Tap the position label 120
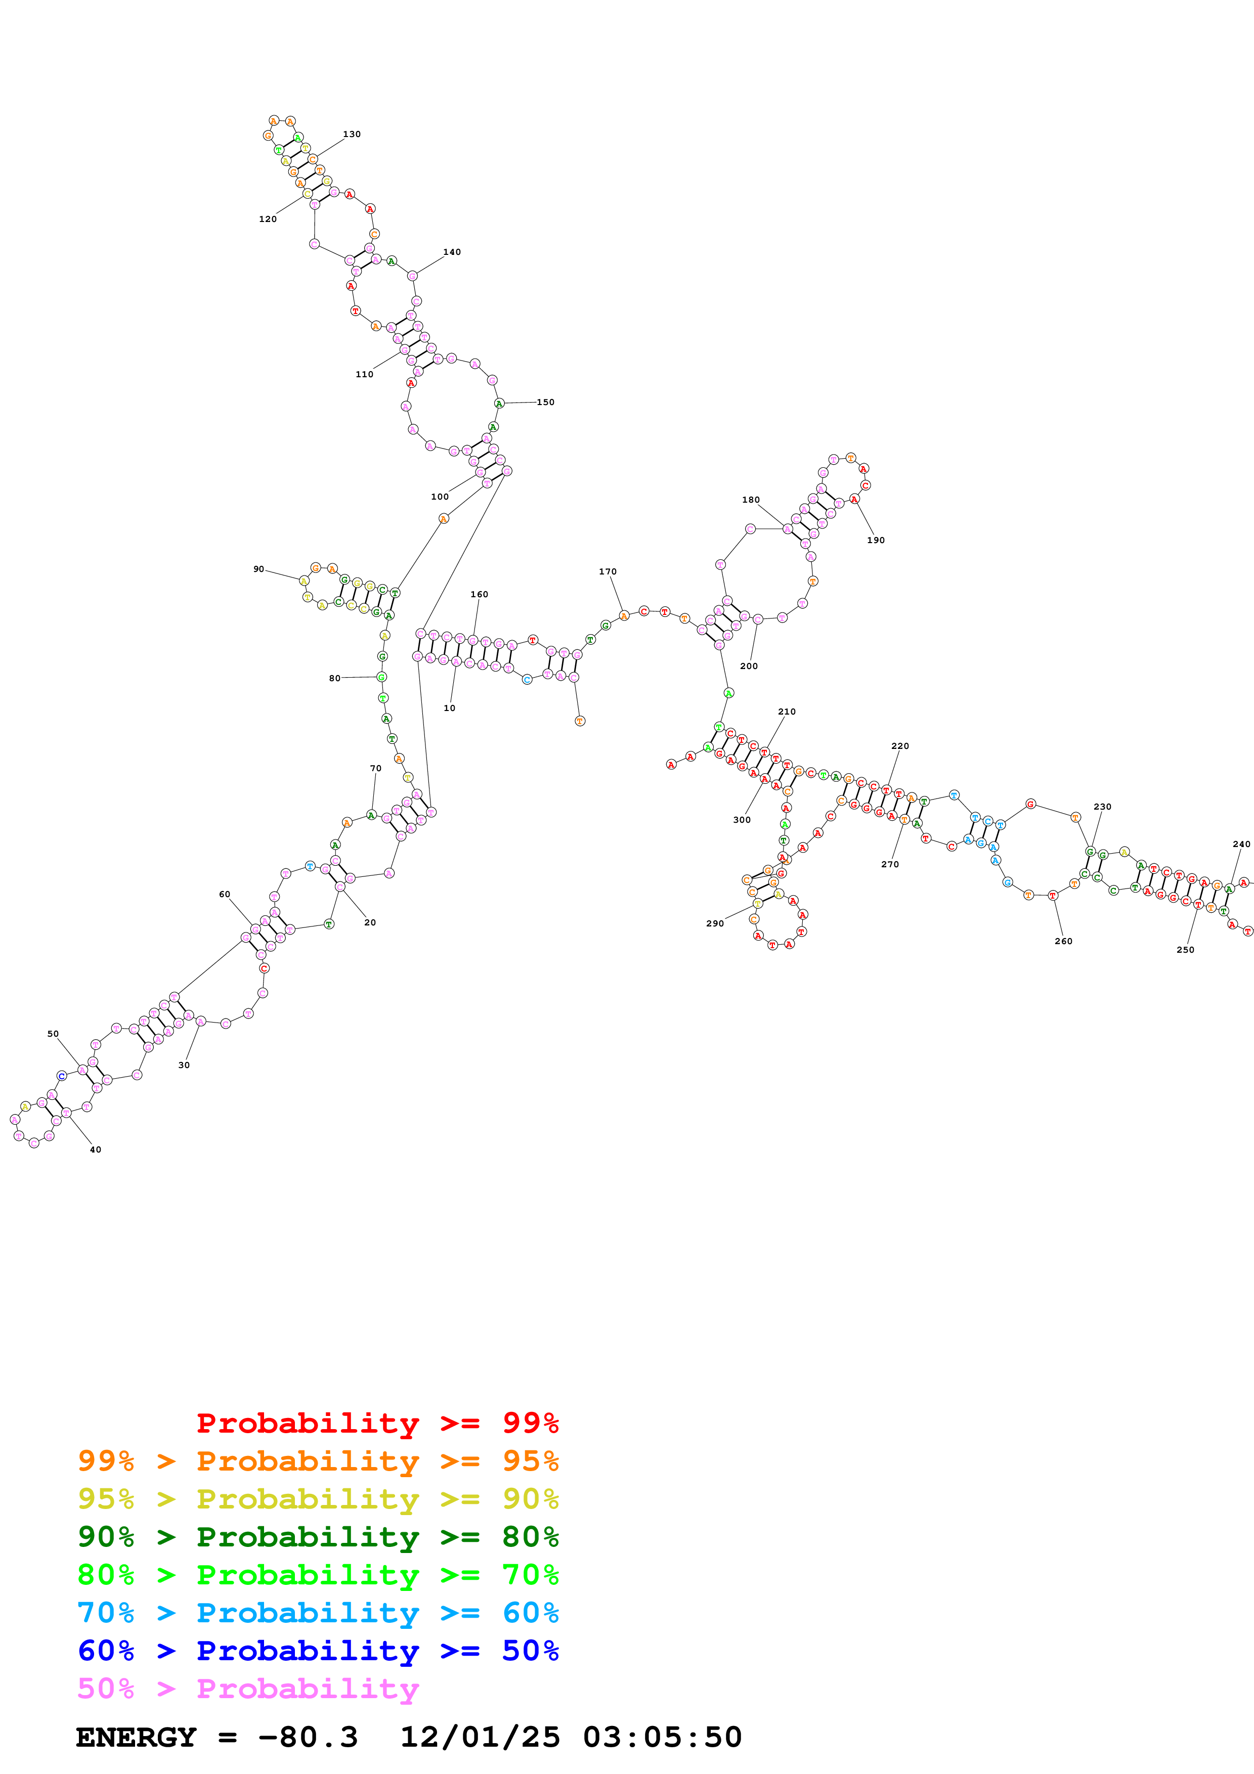(x=267, y=219)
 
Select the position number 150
(x=545, y=403)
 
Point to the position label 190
(x=876, y=540)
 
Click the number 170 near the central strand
(x=608, y=572)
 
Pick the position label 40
(x=95, y=1149)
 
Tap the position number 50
(x=53, y=1034)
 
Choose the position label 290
(x=715, y=923)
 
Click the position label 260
(x=1063, y=941)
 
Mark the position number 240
(x=1241, y=845)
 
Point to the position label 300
(x=741, y=820)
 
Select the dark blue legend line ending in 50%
(x=318, y=1651)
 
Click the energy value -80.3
(x=308, y=1738)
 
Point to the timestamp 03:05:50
(x=662, y=1738)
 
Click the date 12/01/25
(x=480, y=1738)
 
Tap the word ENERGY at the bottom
(x=136, y=1738)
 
